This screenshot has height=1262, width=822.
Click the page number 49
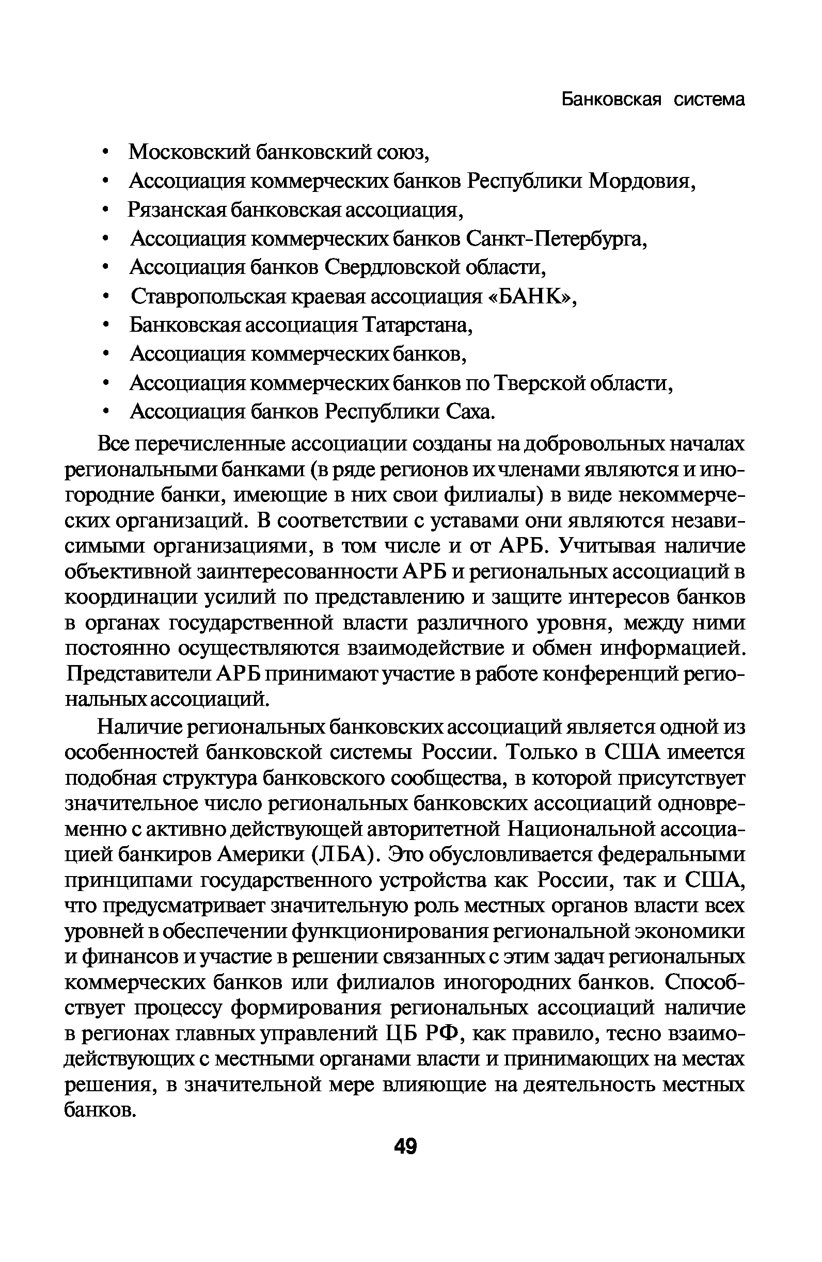click(405, 1147)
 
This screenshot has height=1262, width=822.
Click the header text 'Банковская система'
click(653, 99)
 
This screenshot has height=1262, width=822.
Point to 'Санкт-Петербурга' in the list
click(556, 239)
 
